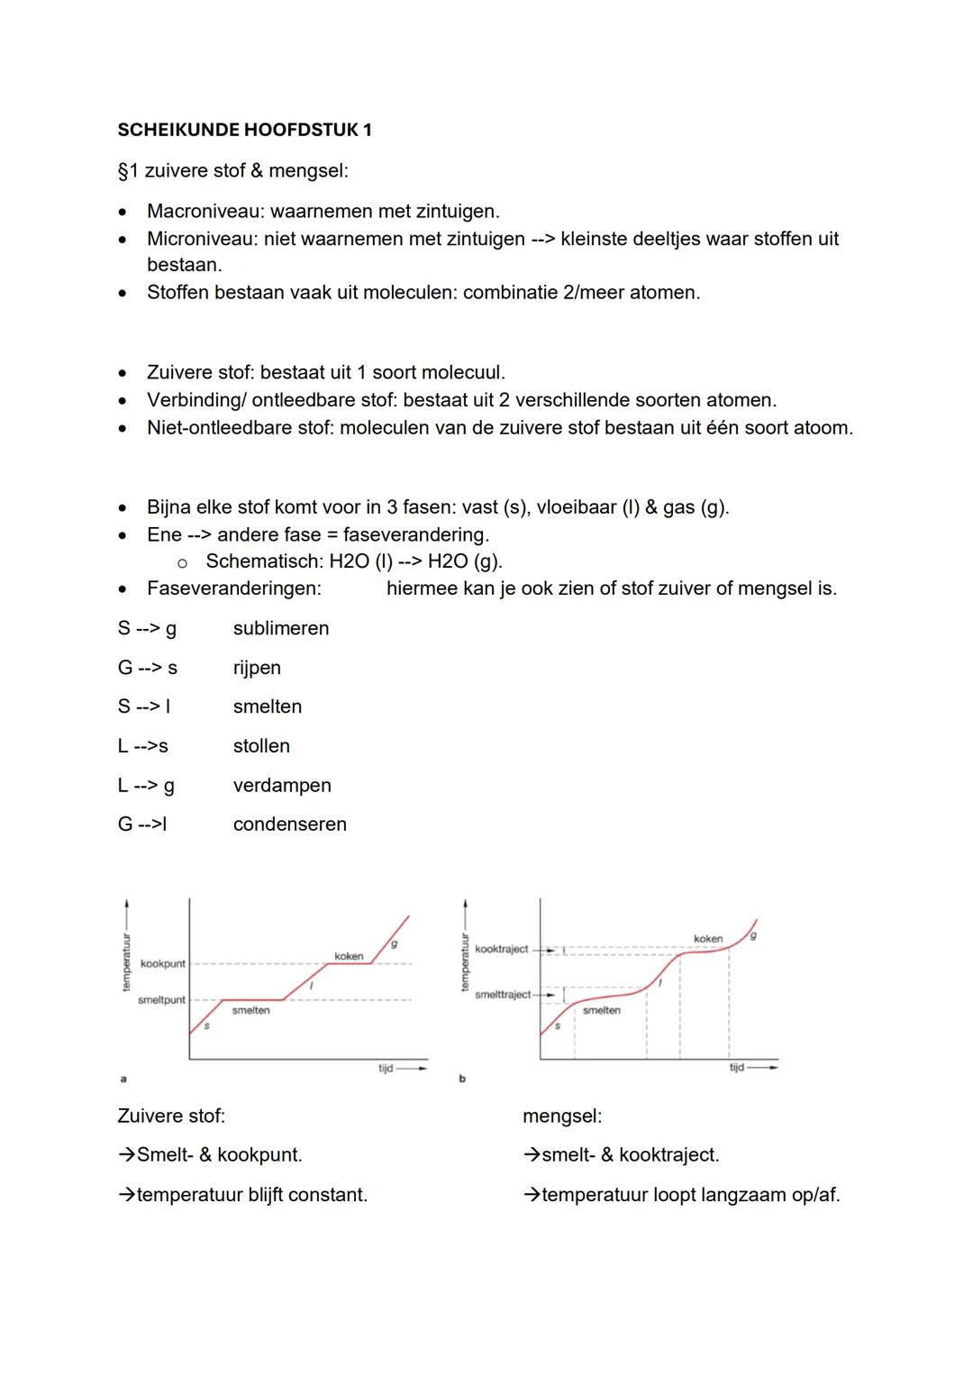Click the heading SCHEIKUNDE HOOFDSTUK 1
coord(244,130)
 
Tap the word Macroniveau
coord(205,212)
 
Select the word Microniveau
coord(203,239)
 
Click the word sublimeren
coord(281,628)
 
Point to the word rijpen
coord(257,668)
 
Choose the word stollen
coord(261,746)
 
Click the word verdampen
coord(282,786)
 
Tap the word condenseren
coord(289,825)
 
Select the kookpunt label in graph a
coord(163,964)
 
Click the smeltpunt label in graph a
coord(161,1000)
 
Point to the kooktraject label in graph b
coord(502,950)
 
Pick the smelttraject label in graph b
coord(503,995)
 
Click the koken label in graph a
coord(349,956)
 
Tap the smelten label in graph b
coord(601,1010)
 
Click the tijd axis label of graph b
coord(737,1068)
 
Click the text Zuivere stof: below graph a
coord(171,1116)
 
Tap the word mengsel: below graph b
coord(562,1116)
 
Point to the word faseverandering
coord(415,534)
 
